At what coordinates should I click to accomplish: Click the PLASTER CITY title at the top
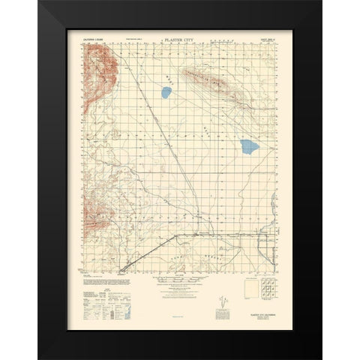(x=180, y=34)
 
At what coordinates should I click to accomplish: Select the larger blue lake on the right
(x=247, y=145)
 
